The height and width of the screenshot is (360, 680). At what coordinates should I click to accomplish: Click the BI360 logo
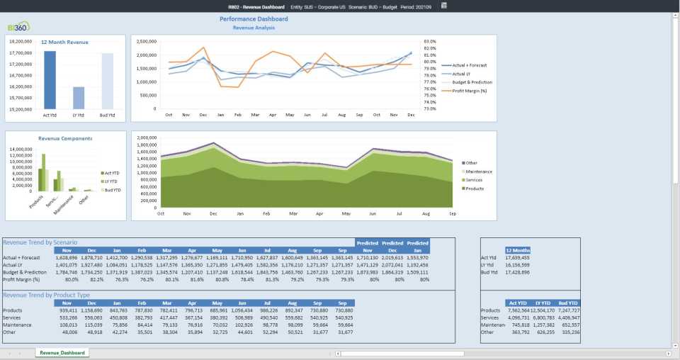(x=18, y=27)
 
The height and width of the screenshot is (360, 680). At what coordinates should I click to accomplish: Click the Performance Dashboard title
(x=254, y=19)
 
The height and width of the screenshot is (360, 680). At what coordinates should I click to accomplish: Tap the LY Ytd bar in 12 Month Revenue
(x=79, y=98)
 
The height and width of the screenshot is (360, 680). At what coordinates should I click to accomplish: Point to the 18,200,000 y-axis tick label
(x=22, y=42)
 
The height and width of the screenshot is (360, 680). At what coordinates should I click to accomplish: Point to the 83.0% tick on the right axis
(x=430, y=41)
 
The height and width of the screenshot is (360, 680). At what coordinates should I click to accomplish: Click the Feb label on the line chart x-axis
(x=238, y=114)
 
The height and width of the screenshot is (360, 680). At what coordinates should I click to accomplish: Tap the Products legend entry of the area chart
(x=475, y=189)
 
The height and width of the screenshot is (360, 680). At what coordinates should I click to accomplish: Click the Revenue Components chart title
(x=65, y=139)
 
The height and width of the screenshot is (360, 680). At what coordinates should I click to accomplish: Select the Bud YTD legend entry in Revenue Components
(x=111, y=190)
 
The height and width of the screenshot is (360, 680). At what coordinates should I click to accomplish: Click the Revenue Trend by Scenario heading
(x=40, y=242)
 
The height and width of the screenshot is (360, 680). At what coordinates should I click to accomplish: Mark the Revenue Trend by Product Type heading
(x=46, y=294)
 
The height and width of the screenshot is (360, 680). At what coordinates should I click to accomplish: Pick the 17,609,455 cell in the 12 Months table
(x=516, y=258)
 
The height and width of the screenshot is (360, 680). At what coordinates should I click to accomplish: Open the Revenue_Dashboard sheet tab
(x=62, y=352)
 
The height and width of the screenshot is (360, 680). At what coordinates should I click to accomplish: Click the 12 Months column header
(x=518, y=250)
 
